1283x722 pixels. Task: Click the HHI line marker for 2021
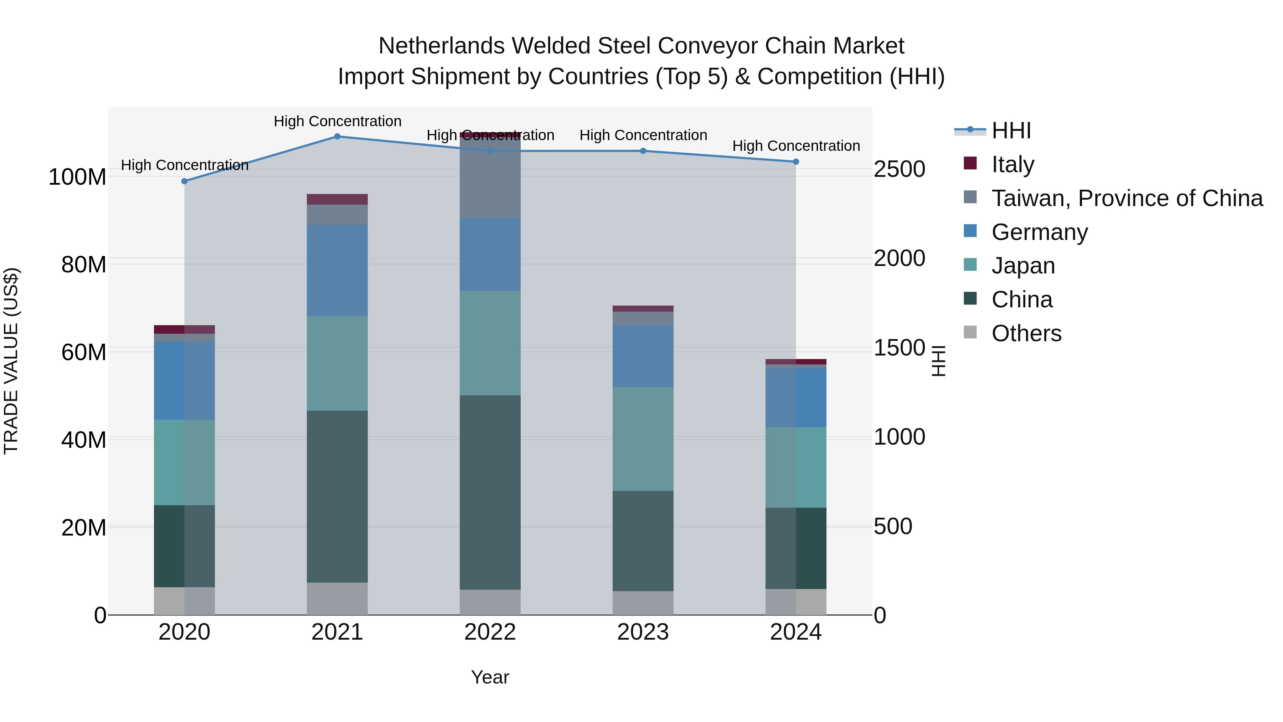coord(337,137)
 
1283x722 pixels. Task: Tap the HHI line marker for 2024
coord(795,162)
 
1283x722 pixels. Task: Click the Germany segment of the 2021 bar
coord(337,270)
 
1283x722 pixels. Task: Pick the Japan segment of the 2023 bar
coord(643,439)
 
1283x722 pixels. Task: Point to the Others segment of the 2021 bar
coord(337,598)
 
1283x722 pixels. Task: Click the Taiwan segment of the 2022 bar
coord(490,179)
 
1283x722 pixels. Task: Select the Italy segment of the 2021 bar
coord(337,199)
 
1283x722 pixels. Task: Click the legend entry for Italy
coord(1012,164)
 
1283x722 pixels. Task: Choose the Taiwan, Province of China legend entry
coord(1127,198)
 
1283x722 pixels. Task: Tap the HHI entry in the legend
coord(1011,130)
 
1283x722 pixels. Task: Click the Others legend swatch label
coord(1026,333)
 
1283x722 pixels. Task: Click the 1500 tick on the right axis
coord(900,348)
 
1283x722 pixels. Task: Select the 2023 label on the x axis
coord(643,632)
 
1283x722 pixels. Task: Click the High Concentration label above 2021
coord(337,121)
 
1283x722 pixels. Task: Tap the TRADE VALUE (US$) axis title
coord(11,361)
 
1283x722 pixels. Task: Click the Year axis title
coord(490,677)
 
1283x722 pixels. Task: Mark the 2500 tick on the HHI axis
coord(900,169)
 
